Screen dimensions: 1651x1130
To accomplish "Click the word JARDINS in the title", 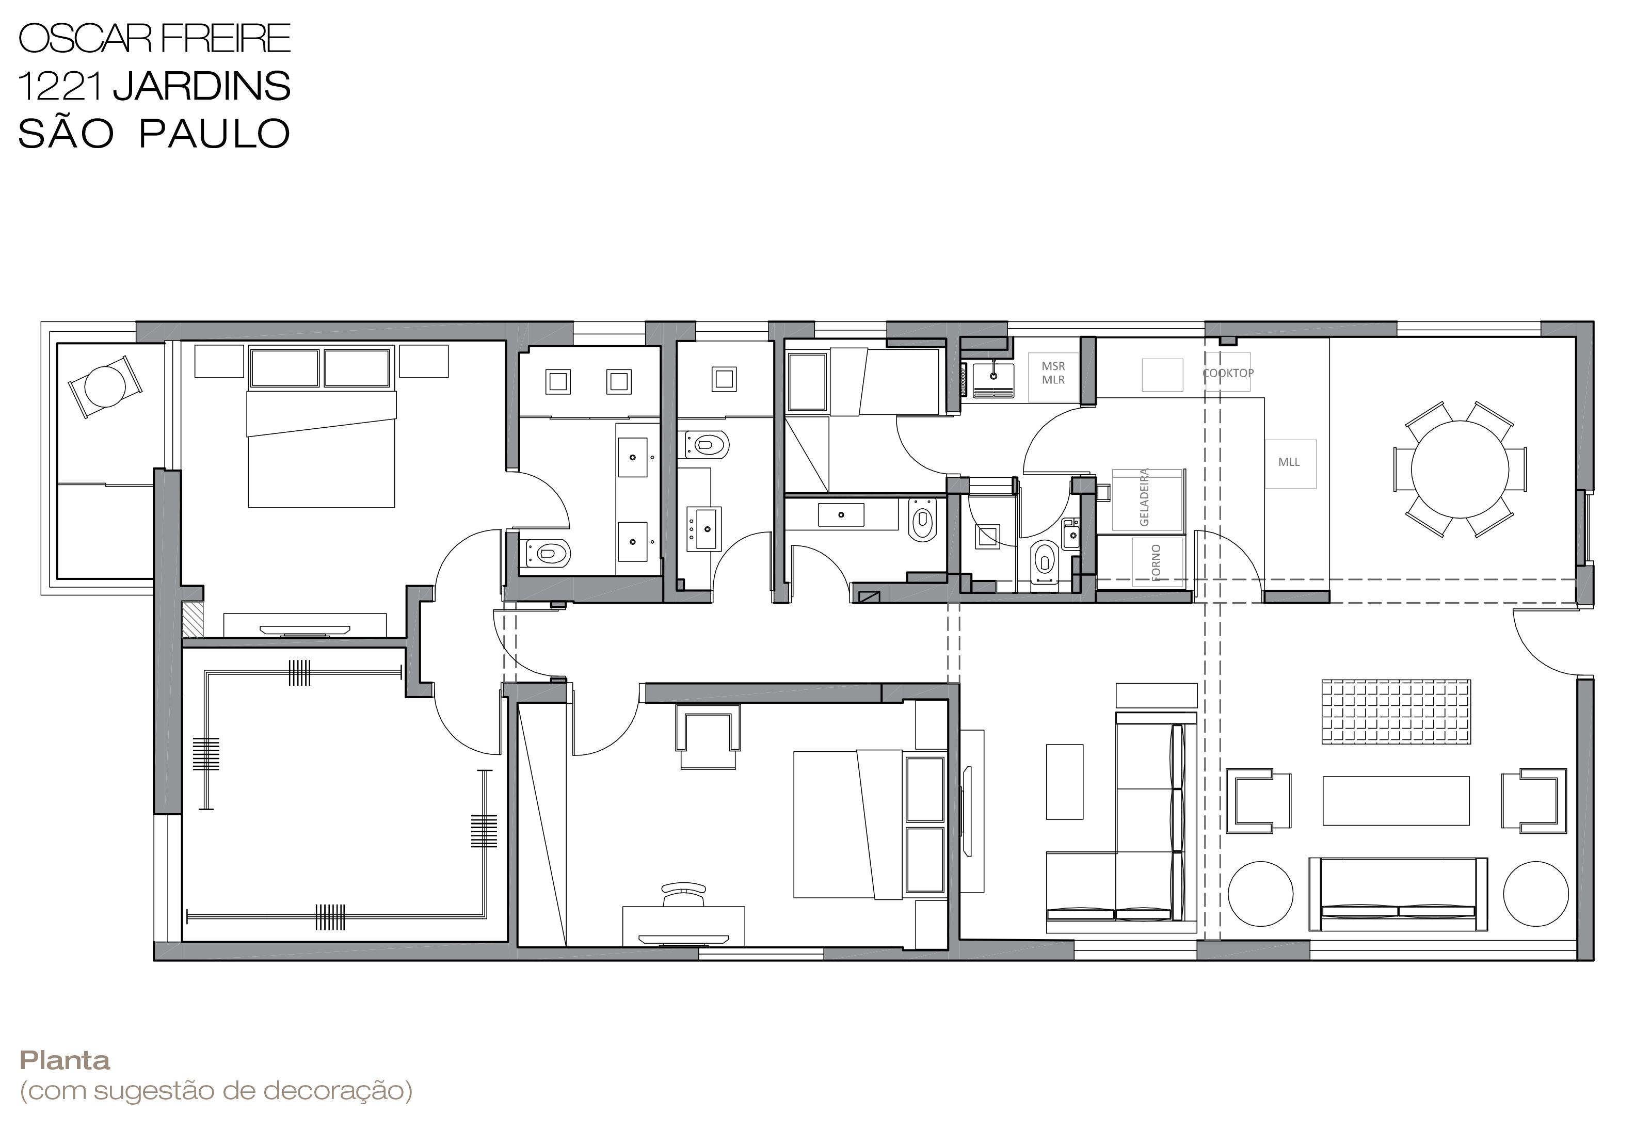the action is click(x=202, y=86).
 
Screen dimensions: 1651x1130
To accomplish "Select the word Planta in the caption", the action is click(x=65, y=1060).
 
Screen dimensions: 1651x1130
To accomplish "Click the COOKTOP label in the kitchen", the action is click(x=1228, y=373).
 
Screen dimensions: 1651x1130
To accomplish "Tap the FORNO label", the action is click(x=1156, y=562).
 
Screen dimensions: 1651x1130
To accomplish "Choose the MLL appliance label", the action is click(x=1289, y=462).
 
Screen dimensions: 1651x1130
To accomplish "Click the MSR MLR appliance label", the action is click(x=1053, y=373).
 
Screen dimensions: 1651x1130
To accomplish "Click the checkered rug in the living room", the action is click(x=1396, y=713).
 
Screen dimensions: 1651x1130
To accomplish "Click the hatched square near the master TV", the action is click(x=193, y=619).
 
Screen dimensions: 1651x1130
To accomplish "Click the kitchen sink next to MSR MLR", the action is click(x=992, y=379).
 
